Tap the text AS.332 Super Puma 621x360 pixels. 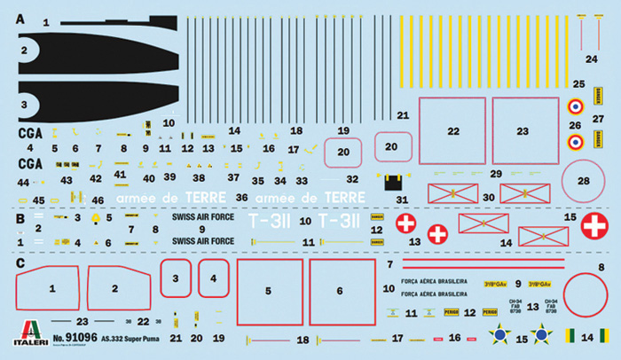(x=130, y=339)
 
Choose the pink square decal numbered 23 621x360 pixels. (x=523, y=130)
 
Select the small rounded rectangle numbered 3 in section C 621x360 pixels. (x=176, y=283)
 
